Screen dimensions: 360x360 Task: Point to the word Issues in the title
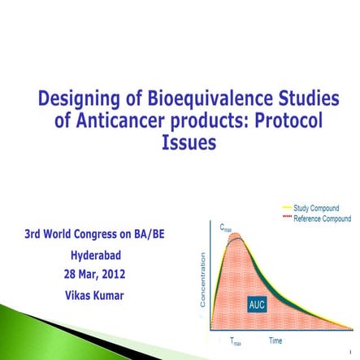pos(189,143)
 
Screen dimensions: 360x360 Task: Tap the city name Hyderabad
pos(96,255)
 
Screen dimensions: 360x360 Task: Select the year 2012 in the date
pos(111,274)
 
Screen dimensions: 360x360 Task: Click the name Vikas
pos(80,295)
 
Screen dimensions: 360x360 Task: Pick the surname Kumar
pos(111,295)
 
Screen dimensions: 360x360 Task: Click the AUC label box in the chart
pos(257,304)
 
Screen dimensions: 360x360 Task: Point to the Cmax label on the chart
pos(227,228)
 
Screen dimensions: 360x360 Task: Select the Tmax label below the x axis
pos(236,342)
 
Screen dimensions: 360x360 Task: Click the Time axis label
pos(275,340)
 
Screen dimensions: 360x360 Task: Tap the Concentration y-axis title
pos(203,280)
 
